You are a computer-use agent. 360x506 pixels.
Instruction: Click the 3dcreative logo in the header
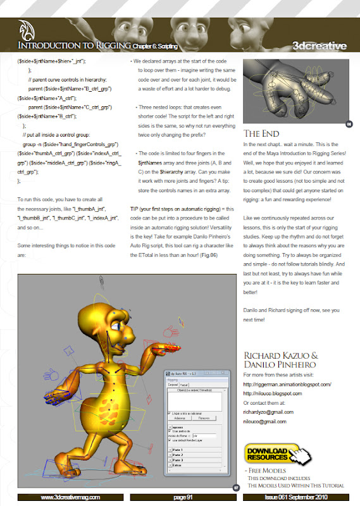[320, 46]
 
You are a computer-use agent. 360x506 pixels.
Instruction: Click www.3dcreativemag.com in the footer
[70, 498]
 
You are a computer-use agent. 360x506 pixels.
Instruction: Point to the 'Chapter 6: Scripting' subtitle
[156, 47]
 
